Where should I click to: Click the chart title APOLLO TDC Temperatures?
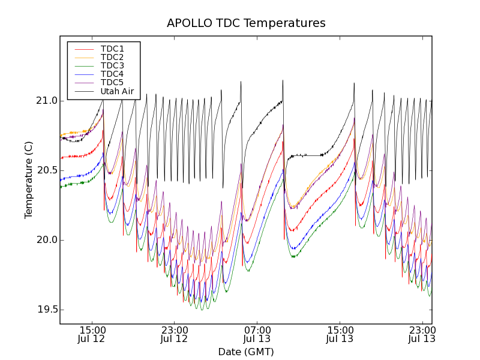pyautogui.click(x=246, y=23)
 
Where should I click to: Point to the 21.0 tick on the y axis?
pyautogui.click(x=46, y=101)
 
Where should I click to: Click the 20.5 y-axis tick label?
pyautogui.click(x=46, y=170)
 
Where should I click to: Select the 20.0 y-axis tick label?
pyautogui.click(x=46, y=240)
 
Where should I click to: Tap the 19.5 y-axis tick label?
pyautogui.click(x=46, y=310)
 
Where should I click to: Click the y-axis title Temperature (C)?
pyautogui.click(x=29, y=180)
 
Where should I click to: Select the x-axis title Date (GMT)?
pyautogui.click(x=246, y=352)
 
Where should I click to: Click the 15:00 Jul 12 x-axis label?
pyautogui.click(x=92, y=334)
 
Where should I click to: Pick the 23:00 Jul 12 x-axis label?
pyautogui.click(x=175, y=334)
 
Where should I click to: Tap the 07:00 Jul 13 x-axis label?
pyautogui.click(x=257, y=334)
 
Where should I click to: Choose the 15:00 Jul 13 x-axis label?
pyautogui.click(x=340, y=334)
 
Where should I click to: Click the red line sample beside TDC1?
pyautogui.click(x=83, y=49)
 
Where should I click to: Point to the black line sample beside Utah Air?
pyautogui.click(x=83, y=91)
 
